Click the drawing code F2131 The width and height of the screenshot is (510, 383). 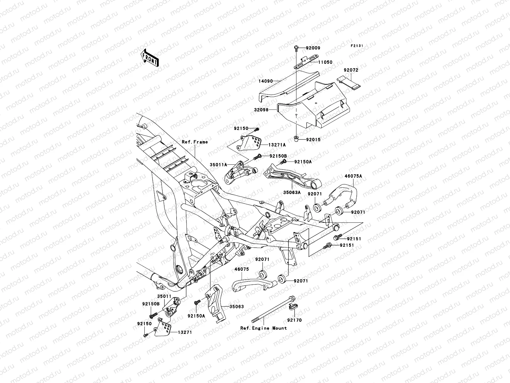(357, 46)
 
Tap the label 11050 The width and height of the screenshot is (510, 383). (324, 62)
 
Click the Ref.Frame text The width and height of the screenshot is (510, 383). (194, 142)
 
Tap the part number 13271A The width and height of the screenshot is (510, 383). (277, 145)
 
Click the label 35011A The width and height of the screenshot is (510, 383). (218, 165)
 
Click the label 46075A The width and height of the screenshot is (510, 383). (353, 176)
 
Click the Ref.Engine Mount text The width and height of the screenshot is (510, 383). (264, 328)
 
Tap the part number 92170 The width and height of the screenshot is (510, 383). (294, 320)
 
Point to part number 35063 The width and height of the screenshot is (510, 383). (237, 307)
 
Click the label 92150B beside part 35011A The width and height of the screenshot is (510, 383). (278, 156)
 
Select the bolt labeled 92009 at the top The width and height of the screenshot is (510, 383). (296, 48)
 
